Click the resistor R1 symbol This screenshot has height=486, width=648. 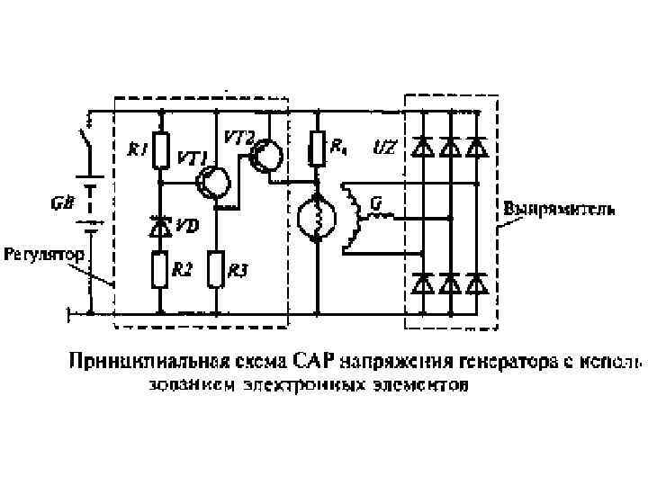click(160, 151)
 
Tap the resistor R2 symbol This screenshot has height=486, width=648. click(160, 269)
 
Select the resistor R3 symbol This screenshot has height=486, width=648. click(216, 269)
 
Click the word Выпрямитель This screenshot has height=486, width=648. click(559, 209)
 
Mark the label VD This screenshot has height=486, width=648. click(186, 226)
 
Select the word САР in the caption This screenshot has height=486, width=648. click(313, 364)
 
